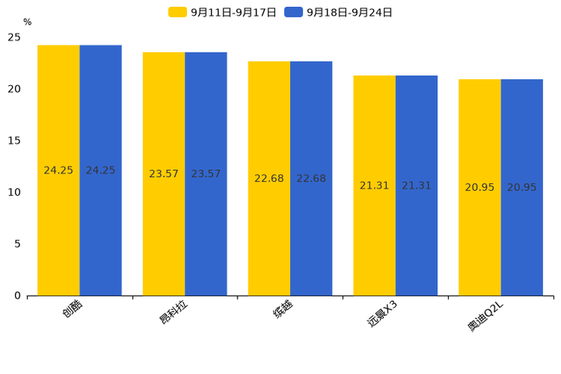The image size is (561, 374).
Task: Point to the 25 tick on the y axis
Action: pos(14,37)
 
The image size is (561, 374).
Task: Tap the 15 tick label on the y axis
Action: pos(14,140)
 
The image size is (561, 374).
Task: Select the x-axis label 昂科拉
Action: pos(173,312)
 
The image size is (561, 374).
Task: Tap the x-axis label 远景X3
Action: pos(382,314)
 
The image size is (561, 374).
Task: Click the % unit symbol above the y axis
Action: pos(27,22)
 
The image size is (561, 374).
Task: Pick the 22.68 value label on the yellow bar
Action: pos(269,179)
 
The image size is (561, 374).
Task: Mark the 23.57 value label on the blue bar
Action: pos(206,173)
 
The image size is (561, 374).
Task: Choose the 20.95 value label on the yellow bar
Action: pos(480,187)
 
